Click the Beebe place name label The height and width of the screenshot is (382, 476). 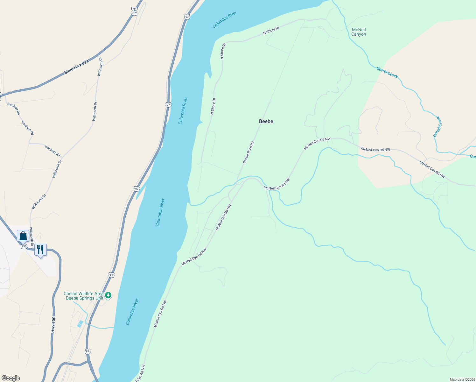(266, 121)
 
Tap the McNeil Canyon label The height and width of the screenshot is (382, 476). (359, 32)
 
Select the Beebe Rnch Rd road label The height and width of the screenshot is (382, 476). (248, 152)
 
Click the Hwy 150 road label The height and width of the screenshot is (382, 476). (53, 325)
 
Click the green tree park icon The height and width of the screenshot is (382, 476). (108, 295)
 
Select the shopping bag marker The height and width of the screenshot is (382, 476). (23, 236)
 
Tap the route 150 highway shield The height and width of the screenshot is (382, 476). (24, 246)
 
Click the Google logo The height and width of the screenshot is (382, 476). (11, 378)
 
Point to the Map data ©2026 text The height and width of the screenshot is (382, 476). (462, 379)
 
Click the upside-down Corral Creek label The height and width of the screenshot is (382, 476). (438, 127)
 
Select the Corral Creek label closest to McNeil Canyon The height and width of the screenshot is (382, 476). (387, 72)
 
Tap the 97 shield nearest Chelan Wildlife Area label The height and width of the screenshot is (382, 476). (111, 275)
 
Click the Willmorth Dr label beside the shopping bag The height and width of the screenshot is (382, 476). (31, 237)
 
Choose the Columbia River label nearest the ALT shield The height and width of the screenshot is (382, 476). (224, 20)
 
